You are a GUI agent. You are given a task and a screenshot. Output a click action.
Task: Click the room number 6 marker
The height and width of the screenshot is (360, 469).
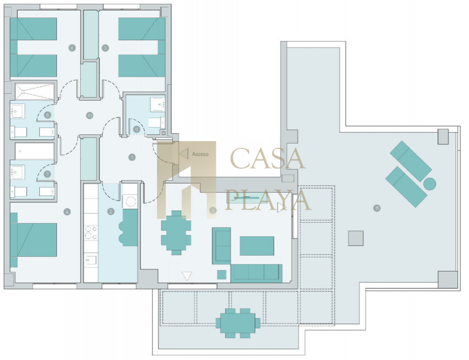[x=72, y=48]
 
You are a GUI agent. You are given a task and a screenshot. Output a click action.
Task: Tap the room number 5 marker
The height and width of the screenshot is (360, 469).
[x=105, y=48]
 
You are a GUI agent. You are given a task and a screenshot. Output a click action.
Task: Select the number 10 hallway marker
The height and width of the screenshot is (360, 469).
[x=89, y=115]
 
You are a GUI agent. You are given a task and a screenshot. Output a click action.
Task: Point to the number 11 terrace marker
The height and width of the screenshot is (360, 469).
[x=377, y=208]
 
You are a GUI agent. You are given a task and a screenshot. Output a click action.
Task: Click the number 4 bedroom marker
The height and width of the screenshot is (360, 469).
[x=67, y=212]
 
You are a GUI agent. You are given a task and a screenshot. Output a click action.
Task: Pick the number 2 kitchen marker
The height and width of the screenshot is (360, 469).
[x=111, y=211]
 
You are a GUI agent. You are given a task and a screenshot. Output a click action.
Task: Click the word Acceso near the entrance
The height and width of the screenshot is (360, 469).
[x=200, y=154]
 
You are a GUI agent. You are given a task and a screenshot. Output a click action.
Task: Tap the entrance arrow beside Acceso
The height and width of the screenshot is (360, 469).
[x=183, y=154]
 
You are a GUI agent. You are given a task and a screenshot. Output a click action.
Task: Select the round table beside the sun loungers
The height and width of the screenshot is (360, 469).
[x=430, y=184]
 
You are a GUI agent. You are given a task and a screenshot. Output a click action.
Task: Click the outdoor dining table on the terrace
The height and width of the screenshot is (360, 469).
[x=238, y=323]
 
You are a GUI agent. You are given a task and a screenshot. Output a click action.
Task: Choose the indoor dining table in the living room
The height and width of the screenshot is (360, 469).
[x=176, y=233]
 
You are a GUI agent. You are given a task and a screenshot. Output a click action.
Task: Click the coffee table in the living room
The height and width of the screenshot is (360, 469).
[x=257, y=246]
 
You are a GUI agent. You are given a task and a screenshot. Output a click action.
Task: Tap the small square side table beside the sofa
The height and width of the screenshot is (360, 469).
[x=222, y=274]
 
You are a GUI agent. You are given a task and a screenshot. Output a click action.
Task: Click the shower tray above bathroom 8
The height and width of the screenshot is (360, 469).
[x=35, y=91]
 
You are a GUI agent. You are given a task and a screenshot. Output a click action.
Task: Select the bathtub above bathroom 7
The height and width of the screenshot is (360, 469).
[x=35, y=151]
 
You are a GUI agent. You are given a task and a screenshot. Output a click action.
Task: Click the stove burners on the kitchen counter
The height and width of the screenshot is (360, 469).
[x=91, y=233]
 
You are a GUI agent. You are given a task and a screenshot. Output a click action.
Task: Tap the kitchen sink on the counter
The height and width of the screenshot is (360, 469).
[x=91, y=260]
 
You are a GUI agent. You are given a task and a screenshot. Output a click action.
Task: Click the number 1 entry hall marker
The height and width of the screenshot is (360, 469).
[x=132, y=157]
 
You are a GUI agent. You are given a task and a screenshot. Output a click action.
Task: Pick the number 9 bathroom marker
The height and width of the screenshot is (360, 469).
[x=136, y=129]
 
